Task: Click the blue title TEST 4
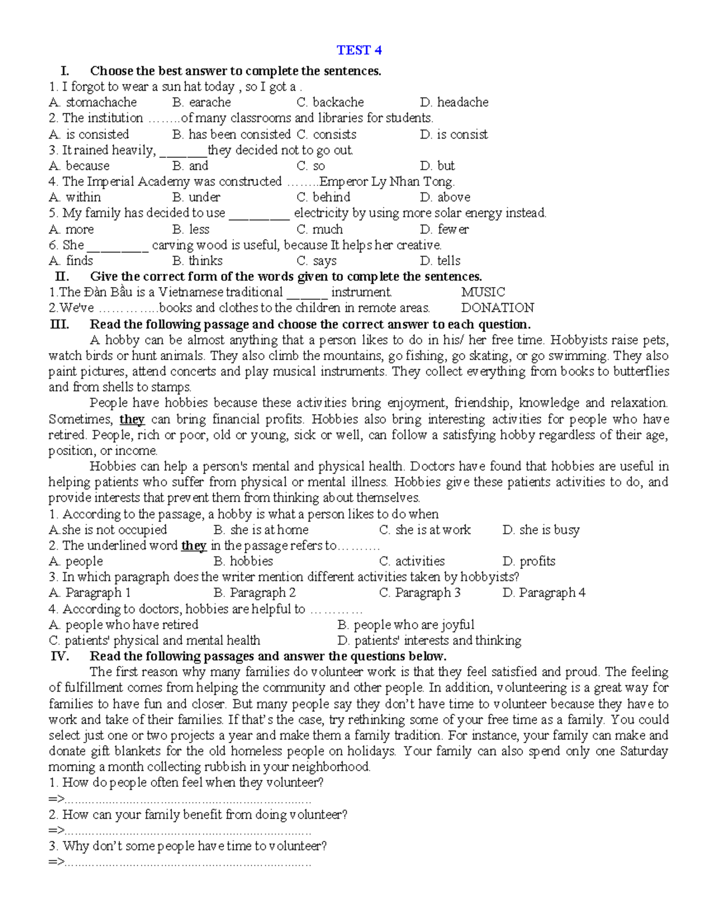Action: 359,50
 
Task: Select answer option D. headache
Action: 454,102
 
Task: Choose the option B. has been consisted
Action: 232,134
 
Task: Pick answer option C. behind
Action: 323,198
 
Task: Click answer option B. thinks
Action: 198,261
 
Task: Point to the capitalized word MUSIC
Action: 483,292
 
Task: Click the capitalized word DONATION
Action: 497,308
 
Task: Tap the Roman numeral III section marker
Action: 60,324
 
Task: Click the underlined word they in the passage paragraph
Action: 132,419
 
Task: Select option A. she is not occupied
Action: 108,530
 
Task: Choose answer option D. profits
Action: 528,561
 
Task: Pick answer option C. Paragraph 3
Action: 419,593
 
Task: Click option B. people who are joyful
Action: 406,624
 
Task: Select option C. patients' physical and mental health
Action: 154,640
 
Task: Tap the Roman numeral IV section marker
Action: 60,656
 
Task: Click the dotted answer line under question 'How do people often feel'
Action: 187,799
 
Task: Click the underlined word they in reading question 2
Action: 194,546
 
